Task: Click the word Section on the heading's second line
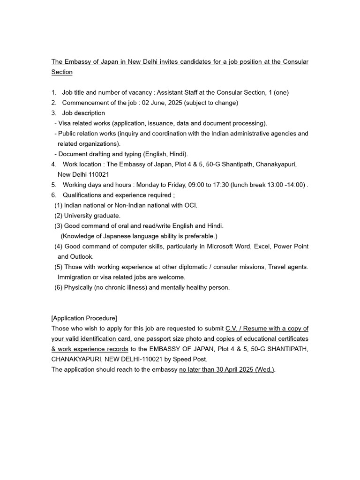tap(62, 72)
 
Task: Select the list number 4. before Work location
tap(54, 164)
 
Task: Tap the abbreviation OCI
tap(190, 205)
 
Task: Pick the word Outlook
tap(82, 257)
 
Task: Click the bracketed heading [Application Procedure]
tap(84, 318)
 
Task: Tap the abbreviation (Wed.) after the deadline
tap(265, 370)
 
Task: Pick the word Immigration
tap(77, 277)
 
